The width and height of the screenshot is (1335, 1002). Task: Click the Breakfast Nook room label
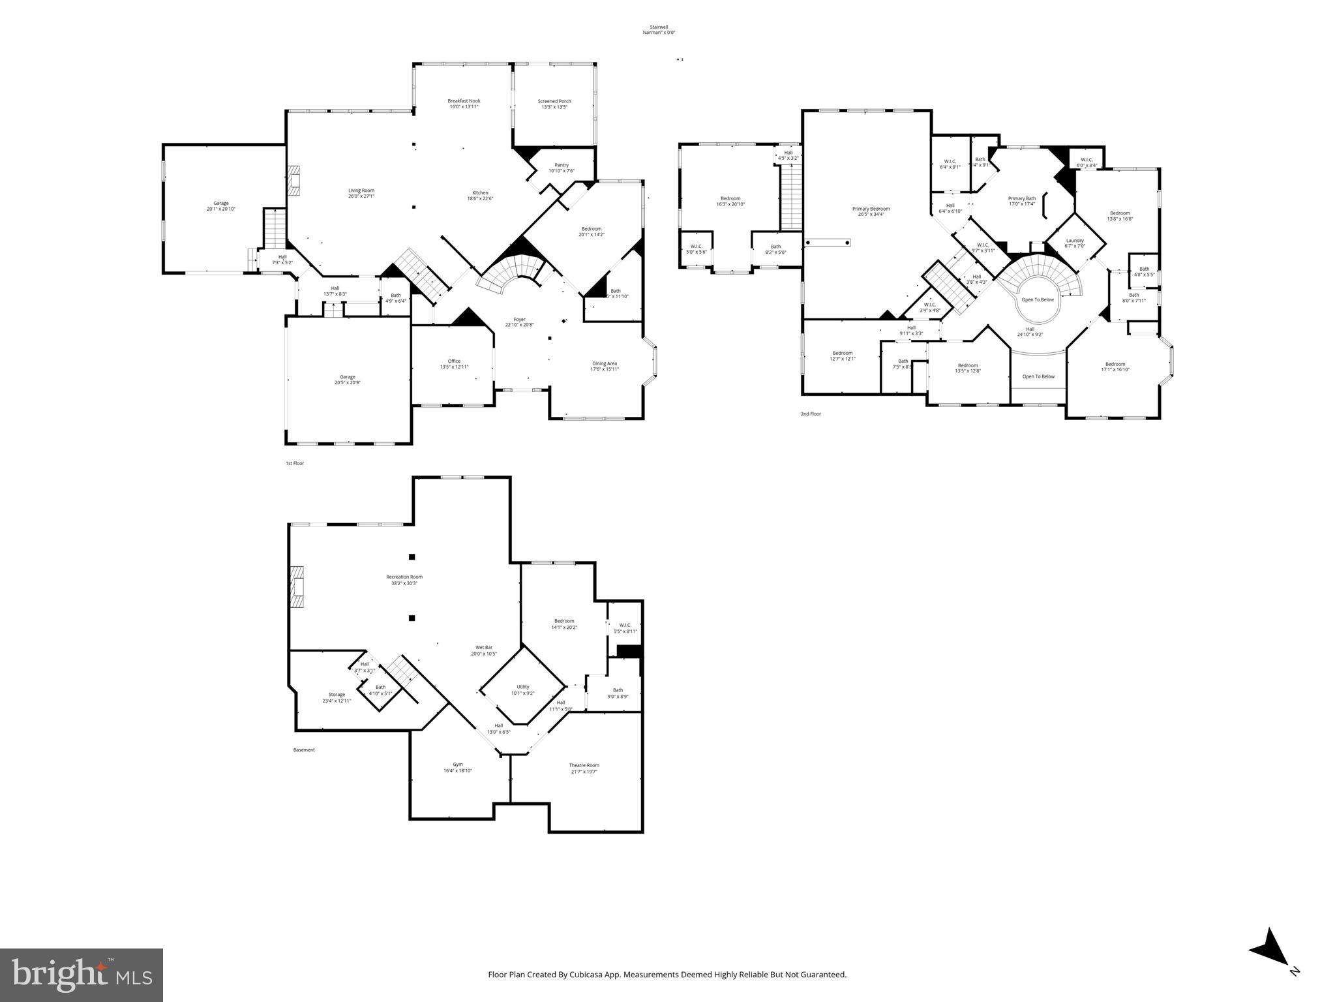pyautogui.click(x=464, y=104)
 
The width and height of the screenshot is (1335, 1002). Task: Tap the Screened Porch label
pyautogui.click(x=554, y=104)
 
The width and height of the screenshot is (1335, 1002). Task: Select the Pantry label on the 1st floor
pyautogui.click(x=562, y=168)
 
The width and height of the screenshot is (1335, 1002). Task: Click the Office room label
pyautogui.click(x=454, y=364)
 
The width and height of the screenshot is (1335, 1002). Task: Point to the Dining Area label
pyautogui.click(x=605, y=366)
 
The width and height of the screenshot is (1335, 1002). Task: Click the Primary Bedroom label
pyautogui.click(x=871, y=211)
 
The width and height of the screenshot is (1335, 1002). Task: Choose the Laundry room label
pyautogui.click(x=1075, y=243)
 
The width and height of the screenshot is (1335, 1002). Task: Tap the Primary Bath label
pyautogui.click(x=1022, y=201)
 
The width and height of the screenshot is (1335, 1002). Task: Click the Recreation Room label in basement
pyautogui.click(x=404, y=579)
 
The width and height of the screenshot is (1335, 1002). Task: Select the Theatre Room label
pyautogui.click(x=584, y=768)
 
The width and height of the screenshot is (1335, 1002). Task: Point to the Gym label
pyautogui.click(x=458, y=767)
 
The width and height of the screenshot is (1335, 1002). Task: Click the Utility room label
pyautogui.click(x=523, y=690)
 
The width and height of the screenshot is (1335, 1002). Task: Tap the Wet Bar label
pyautogui.click(x=484, y=650)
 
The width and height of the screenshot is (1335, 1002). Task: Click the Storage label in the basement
pyautogui.click(x=337, y=697)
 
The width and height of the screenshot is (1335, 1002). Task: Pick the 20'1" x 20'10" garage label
pyautogui.click(x=221, y=205)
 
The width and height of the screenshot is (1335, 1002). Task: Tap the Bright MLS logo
pyautogui.click(x=82, y=975)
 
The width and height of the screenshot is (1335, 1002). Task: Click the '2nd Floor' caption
pyautogui.click(x=811, y=414)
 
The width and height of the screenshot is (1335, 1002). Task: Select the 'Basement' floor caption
pyautogui.click(x=304, y=750)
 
